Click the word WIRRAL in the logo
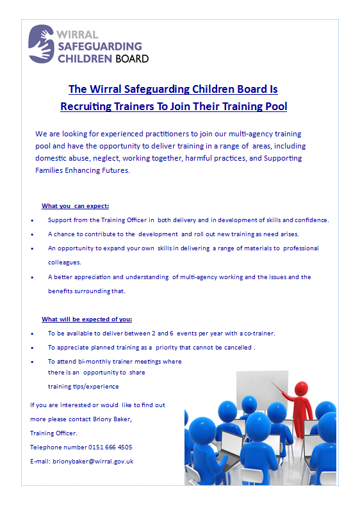tap(78, 34)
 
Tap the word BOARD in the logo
tap(132, 58)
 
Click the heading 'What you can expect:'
tap(76, 205)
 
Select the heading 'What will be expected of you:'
tap(87, 319)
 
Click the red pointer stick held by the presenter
tap(282, 389)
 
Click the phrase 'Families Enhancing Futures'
tap(83, 170)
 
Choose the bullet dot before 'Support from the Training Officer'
tap(33, 220)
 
